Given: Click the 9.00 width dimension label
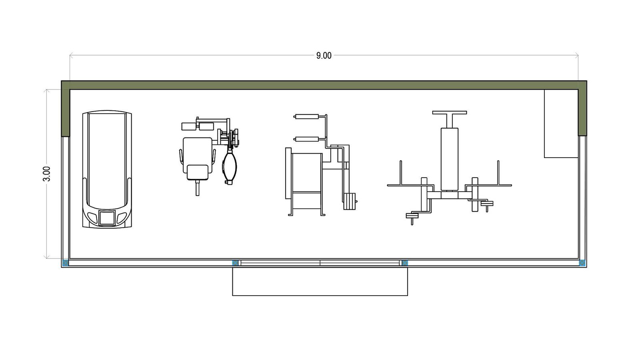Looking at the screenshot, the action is click(324, 56).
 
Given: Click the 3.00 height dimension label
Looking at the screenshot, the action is click(46, 174).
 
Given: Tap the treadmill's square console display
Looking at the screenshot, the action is click(107, 218).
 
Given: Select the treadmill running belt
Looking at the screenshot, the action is click(107, 160).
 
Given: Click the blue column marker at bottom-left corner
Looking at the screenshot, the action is click(66, 263).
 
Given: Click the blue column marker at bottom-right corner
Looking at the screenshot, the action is click(582, 263).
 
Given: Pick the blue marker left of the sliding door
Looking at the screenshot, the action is click(235, 263).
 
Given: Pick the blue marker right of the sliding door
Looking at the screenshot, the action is click(405, 263).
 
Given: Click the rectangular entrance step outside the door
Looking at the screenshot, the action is click(320, 282).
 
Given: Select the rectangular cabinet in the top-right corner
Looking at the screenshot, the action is click(561, 124).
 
